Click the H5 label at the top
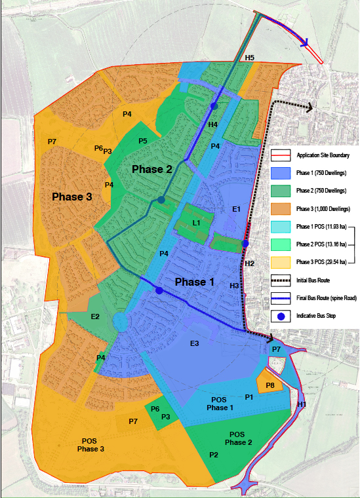click(250, 58)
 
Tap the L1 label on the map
click(196, 223)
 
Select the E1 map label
click(237, 209)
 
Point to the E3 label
click(194, 344)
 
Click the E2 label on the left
click(95, 317)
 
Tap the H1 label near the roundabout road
click(302, 405)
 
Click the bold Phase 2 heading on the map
click(152, 170)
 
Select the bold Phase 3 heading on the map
click(72, 197)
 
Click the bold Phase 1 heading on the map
click(194, 282)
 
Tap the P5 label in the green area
click(143, 141)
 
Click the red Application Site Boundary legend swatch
click(281, 155)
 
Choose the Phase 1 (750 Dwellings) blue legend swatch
click(281, 173)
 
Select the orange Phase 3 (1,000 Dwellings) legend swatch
click(281, 208)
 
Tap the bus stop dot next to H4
click(213, 106)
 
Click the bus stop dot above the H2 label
click(245, 244)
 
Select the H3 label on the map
click(234, 286)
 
